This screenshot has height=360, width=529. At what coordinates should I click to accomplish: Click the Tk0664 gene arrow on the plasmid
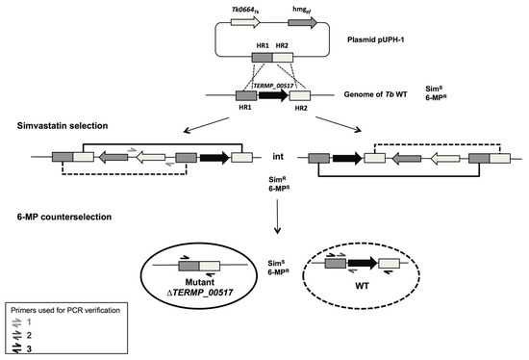point(245,23)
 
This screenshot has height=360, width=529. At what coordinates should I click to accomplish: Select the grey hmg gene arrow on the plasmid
point(303,23)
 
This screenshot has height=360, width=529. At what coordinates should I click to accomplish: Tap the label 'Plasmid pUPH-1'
point(375,39)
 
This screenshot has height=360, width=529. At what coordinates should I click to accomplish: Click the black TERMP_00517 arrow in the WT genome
point(273,95)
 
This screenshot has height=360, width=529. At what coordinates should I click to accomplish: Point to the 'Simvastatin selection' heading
point(63,126)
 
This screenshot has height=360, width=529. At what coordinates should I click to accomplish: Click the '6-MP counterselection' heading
point(64,217)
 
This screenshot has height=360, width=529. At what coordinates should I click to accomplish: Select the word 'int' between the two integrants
point(278,157)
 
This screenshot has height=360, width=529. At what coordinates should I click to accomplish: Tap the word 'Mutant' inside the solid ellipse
point(200,282)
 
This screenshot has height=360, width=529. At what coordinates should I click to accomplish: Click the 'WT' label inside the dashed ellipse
point(362,286)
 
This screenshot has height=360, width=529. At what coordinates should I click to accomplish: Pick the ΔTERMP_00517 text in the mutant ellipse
point(200,292)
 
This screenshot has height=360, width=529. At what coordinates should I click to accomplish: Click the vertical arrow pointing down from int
point(277,217)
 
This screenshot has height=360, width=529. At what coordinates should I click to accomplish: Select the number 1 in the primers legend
point(29,322)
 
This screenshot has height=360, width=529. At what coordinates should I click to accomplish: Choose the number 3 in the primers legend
point(29,348)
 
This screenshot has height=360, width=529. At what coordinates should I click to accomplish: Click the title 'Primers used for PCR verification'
point(65,310)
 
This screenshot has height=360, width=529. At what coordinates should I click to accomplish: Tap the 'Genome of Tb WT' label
point(375,94)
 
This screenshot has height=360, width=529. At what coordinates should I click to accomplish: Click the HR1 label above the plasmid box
point(263,45)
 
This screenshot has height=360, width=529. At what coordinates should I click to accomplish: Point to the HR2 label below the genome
point(301,108)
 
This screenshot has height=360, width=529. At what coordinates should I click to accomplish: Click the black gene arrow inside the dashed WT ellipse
point(363,263)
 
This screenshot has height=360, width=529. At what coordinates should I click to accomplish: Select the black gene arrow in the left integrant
point(214,158)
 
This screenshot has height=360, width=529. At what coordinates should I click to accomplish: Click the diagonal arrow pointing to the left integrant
point(206,125)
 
